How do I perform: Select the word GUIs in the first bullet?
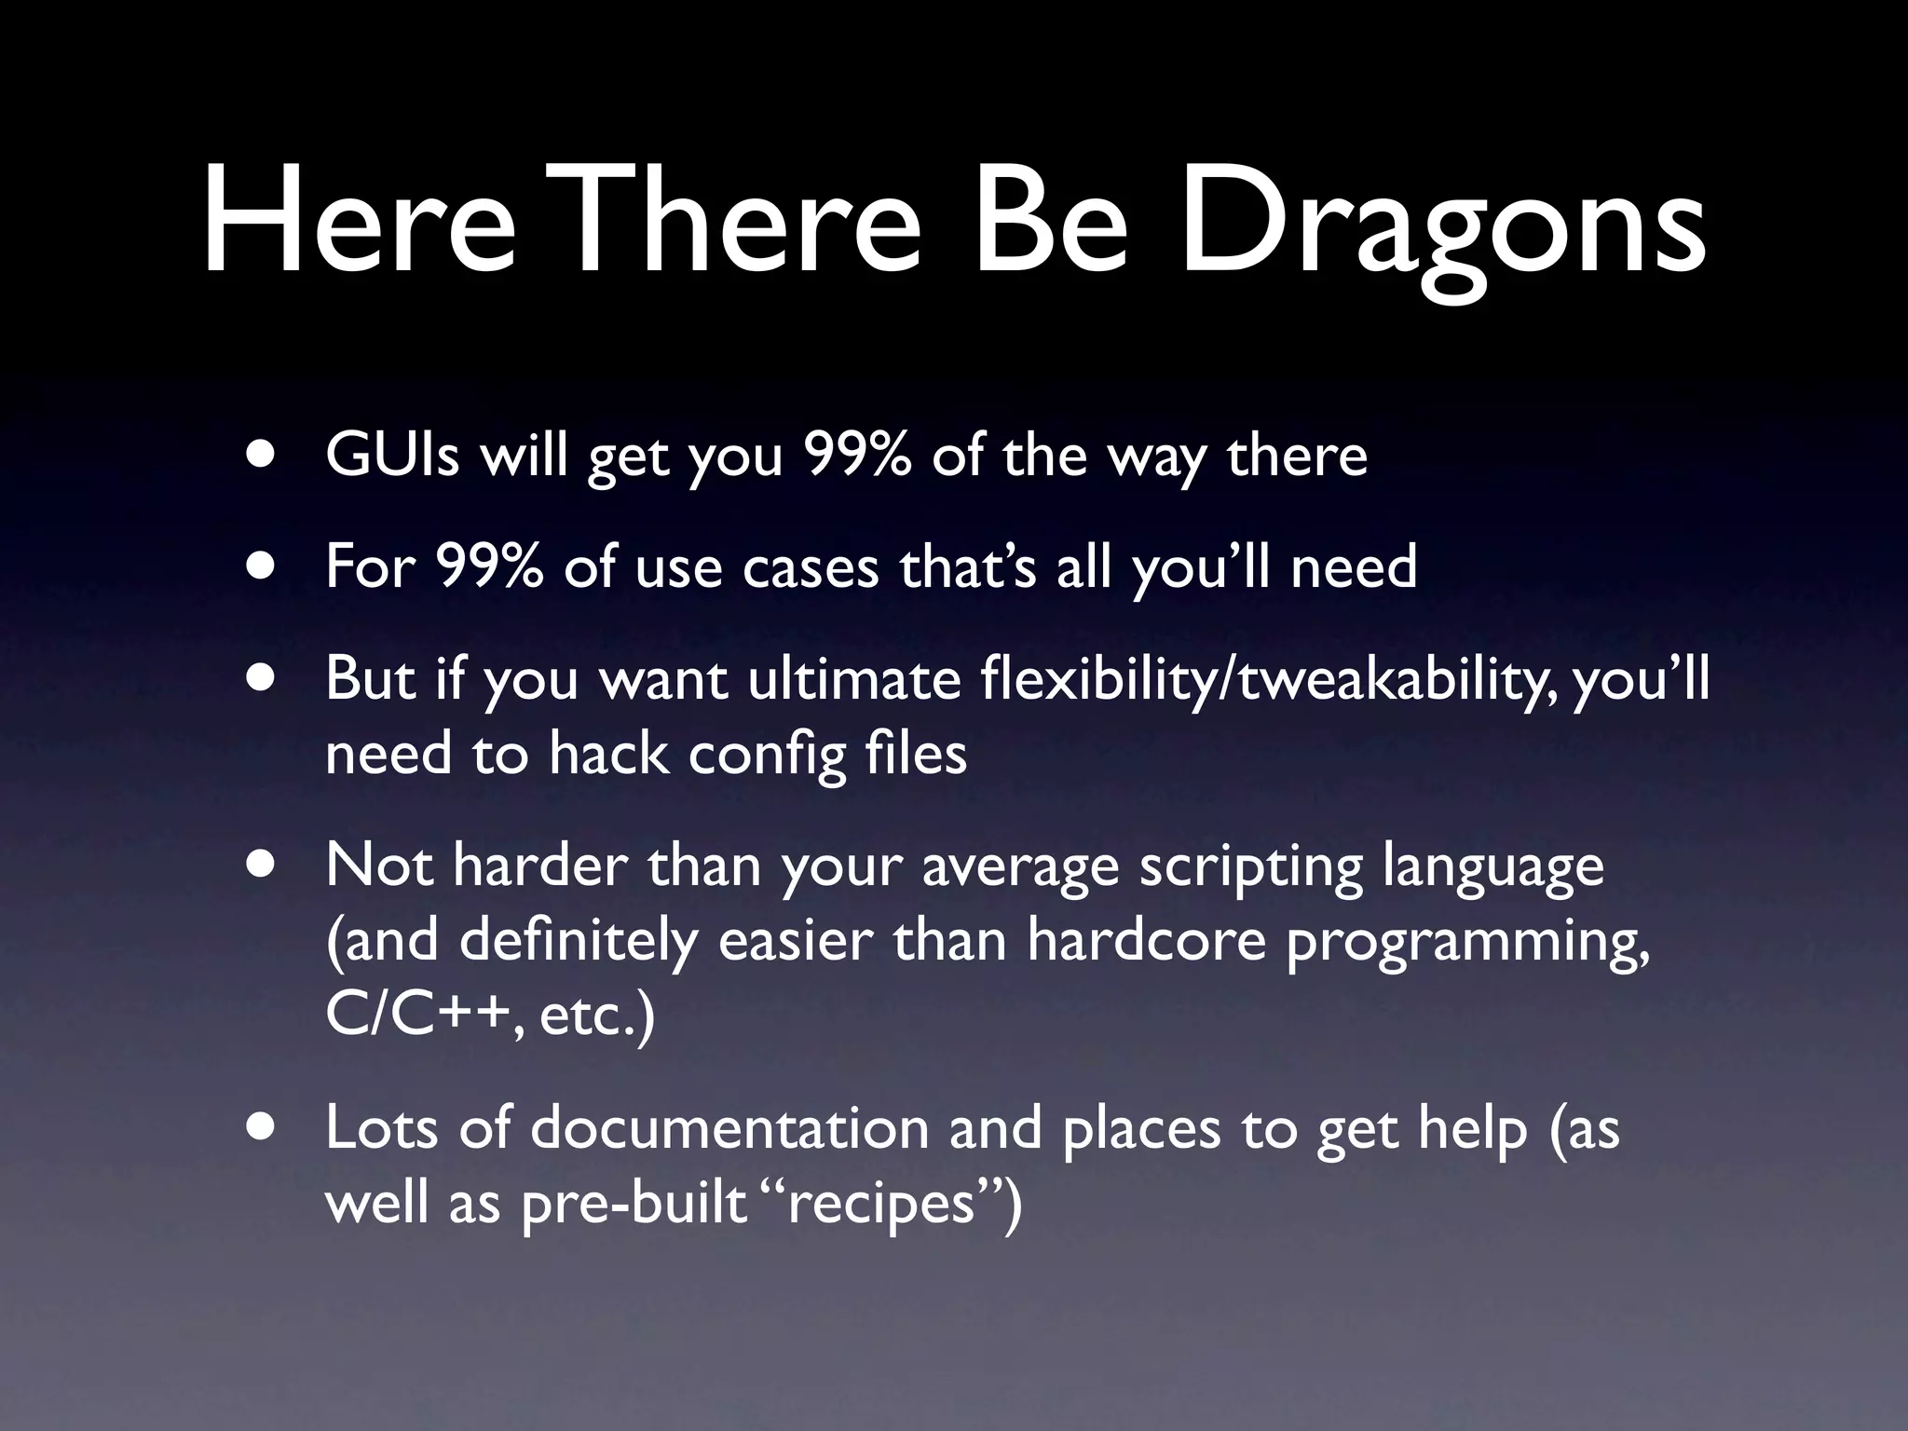392,456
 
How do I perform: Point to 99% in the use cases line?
488,566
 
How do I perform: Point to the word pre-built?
634,1203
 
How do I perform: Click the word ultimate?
854,679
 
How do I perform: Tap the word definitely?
578,940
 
